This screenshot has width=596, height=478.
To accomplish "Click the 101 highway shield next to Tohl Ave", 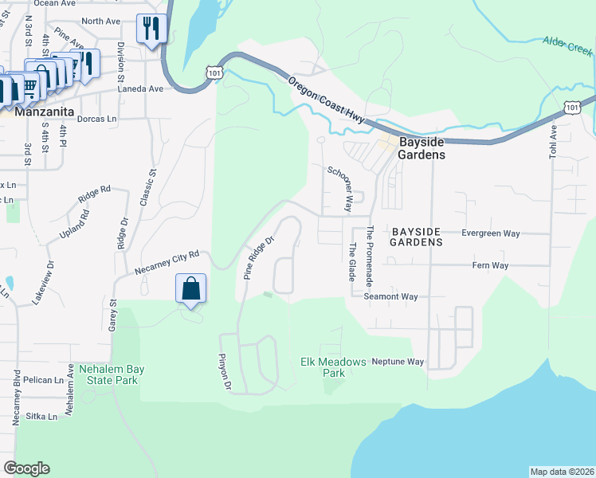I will (572, 106).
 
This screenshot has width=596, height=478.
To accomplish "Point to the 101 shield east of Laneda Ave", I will (213, 72).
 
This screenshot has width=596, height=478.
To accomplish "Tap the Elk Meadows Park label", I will (333, 366).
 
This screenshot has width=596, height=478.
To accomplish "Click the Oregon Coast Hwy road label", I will (326, 100).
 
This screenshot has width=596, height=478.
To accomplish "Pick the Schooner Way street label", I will (339, 189).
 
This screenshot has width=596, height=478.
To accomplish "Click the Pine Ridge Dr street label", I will (259, 257).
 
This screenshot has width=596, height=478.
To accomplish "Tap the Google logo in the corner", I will (26, 468).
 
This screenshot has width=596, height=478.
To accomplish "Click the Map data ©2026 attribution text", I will (562, 472).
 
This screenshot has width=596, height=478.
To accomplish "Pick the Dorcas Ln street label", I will (97, 118).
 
